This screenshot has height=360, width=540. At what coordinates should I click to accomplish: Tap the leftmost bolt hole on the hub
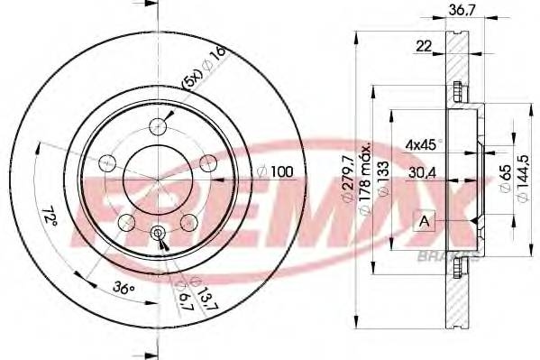pyautogui.click(x=107, y=163)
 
